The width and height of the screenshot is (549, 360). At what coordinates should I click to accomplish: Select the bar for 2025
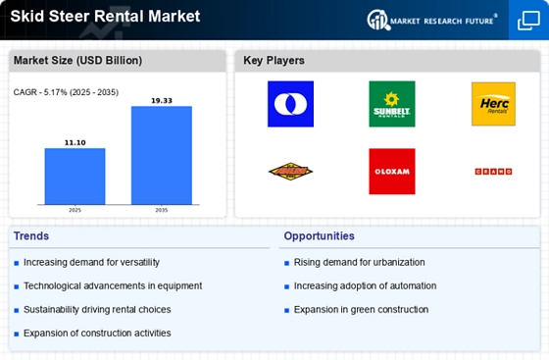coord(75,178)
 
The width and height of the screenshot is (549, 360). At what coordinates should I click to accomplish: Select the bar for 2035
coord(162,156)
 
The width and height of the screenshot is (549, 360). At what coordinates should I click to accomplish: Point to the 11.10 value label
coord(75,142)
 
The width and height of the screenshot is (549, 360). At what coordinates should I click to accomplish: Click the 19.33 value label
coord(162,100)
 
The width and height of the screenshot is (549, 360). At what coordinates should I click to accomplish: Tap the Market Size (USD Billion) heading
coord(77,61)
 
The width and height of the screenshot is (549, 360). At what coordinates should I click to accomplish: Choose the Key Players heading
coord(274,61)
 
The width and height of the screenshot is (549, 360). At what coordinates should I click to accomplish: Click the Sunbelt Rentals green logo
coord(391,104)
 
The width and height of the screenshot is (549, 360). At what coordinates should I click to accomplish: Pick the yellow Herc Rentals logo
coord(493,104)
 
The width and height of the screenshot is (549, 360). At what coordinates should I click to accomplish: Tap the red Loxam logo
coord(391,171)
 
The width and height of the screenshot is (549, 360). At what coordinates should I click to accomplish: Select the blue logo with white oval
coord(290,104)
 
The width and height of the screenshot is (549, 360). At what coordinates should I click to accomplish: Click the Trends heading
coord(31,236)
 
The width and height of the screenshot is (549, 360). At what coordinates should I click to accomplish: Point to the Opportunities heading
coord(320,236)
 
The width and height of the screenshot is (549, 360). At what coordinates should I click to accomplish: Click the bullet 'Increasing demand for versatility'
coord(91,262)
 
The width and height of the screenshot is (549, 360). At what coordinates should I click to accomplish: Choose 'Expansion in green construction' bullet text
coord(361,309)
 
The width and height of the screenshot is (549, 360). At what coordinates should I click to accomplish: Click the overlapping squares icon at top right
coord(528,20)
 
